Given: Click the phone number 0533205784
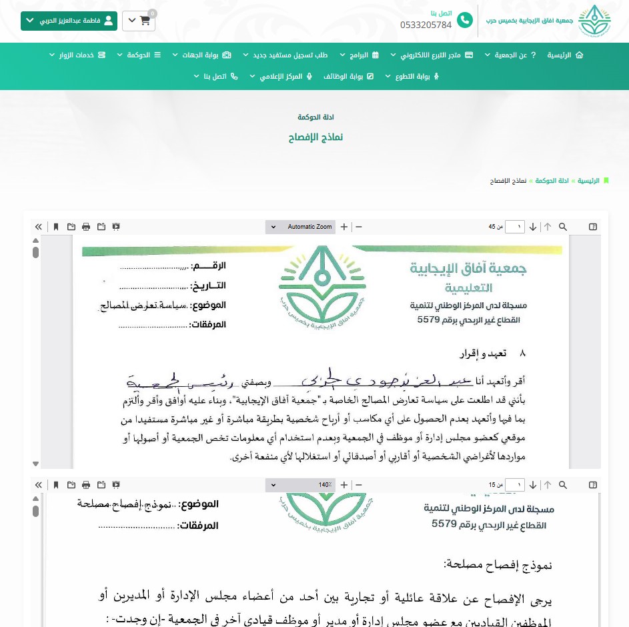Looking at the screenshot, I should [426, 25].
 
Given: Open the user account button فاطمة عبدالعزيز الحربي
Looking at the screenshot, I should [69, 21].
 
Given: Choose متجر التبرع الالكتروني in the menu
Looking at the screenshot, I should [435, 55].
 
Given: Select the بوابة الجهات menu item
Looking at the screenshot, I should [201, 55].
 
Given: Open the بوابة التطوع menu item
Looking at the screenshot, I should [413, 76].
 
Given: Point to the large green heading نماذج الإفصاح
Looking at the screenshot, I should [316, 137].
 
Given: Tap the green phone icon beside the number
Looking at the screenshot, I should [464, 21].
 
